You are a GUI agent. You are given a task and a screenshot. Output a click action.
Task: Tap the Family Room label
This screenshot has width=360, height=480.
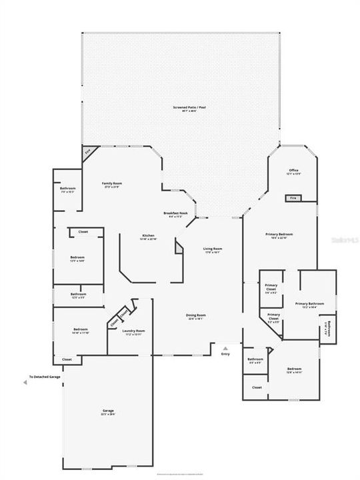tap(112, 184)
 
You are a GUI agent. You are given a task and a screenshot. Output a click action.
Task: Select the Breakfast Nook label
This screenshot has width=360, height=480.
tap(175, 213)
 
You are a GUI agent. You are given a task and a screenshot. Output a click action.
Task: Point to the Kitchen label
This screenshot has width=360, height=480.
tap(148, 236)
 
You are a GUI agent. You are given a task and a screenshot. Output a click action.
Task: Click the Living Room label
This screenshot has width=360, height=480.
tap(213, 249)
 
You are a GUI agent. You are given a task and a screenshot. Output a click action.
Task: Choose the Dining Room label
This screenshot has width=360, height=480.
tap(196, 315)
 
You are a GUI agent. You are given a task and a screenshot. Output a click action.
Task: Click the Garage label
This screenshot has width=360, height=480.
tap(108, 412)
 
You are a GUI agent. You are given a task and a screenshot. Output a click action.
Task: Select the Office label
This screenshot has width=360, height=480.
tap(293, 171)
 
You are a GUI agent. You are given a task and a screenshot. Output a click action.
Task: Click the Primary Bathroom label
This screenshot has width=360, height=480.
tap(309, 305)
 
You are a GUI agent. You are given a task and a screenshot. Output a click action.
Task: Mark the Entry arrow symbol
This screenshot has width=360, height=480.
tap(225, 348)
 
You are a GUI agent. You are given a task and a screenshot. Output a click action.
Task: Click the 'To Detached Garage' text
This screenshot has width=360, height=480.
tap(45, 377)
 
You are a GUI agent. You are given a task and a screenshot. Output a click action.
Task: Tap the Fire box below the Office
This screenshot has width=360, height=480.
tap(293, 198)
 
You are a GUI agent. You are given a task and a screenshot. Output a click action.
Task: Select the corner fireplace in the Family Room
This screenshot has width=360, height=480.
tap(87, 151)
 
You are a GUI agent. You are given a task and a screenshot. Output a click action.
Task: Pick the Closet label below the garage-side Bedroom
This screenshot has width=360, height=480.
tap(67, 359)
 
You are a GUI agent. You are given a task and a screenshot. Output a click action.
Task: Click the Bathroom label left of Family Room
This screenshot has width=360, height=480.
tap(68, 189)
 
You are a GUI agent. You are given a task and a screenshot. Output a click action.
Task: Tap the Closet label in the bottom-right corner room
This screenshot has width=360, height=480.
tap(257, 387)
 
